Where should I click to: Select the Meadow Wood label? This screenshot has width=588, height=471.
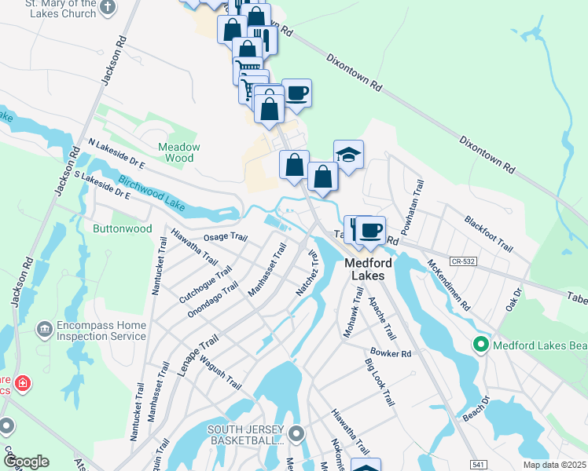coord(179,152)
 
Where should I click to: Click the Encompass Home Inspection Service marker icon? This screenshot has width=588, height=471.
coord(44,326)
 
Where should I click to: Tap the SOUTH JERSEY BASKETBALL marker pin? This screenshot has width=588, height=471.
coord(296,433)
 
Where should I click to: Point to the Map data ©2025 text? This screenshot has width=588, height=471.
coord(553,465)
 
